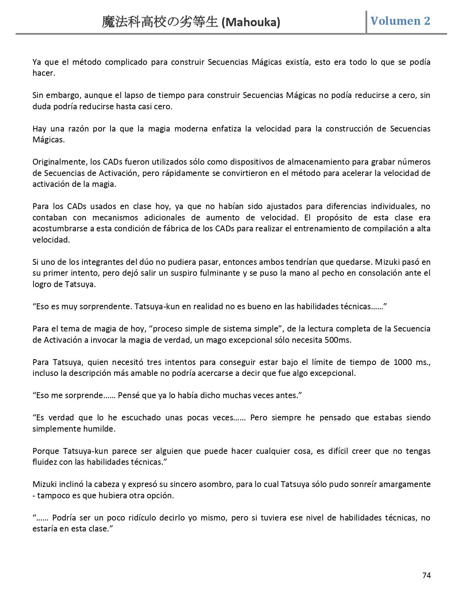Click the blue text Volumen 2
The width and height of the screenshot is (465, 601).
tap(400, 21)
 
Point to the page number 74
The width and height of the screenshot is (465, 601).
tap(426, 576)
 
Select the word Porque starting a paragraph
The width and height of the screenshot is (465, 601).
tap(46, 451)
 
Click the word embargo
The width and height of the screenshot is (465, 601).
tap(64, 95)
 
